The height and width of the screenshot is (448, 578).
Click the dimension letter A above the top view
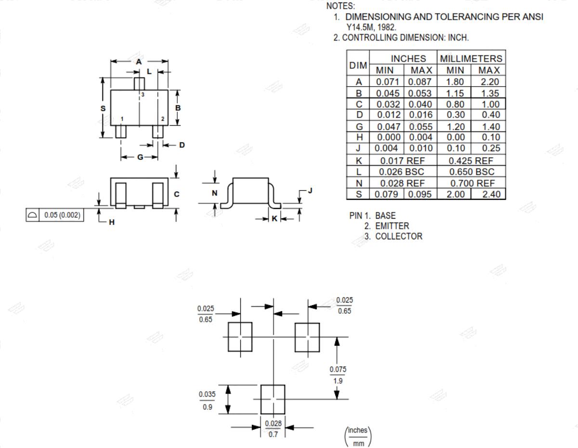tap(139, 62)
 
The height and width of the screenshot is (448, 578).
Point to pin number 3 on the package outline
tap(143, 94)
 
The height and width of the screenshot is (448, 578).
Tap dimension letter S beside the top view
tap(103, 108)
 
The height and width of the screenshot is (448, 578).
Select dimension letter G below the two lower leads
tap(140, 157)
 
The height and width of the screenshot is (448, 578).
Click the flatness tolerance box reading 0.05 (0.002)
tap(55, 215)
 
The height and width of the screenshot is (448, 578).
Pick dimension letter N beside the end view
tap(215, 193)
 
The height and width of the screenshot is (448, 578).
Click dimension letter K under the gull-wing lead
tap(275, 219)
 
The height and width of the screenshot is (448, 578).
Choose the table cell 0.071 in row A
tap(387, 82)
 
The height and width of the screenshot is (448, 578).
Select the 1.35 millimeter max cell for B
tap(490, 93)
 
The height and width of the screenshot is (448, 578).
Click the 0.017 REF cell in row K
tap(403, 161)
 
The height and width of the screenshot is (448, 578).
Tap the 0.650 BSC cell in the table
tap(472, 172)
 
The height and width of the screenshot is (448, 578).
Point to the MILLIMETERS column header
tap(471, 58)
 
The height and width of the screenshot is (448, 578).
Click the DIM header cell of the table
tap(358, 66)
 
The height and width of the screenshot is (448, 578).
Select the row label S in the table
tap(359, 194)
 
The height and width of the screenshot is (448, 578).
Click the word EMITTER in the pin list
tap(392, 226)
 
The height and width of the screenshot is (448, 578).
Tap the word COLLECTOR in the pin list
tap(399, 236)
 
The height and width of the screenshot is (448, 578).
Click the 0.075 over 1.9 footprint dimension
tap(338, 375)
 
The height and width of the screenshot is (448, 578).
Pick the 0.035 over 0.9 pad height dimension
tap(207, 401)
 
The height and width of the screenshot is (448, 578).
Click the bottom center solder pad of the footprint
tap(273, 399)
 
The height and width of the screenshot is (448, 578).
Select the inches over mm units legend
tap(358, 436)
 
